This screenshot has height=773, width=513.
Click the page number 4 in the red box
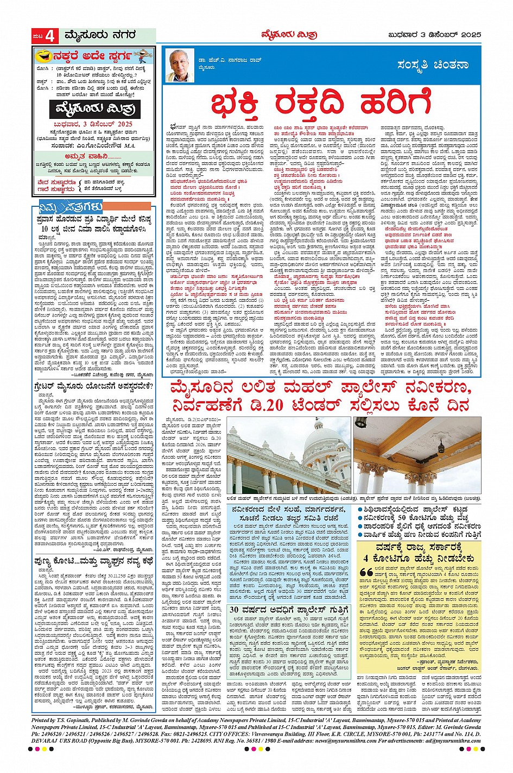[x=50, y=36]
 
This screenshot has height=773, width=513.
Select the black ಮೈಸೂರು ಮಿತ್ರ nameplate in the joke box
[x=94, y=110]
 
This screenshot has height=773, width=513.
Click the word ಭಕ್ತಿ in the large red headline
[x=235, y=104]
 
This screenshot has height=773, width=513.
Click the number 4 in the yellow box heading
[x=366, y=558]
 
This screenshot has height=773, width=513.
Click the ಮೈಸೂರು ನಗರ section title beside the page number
[x=99, y=36]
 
